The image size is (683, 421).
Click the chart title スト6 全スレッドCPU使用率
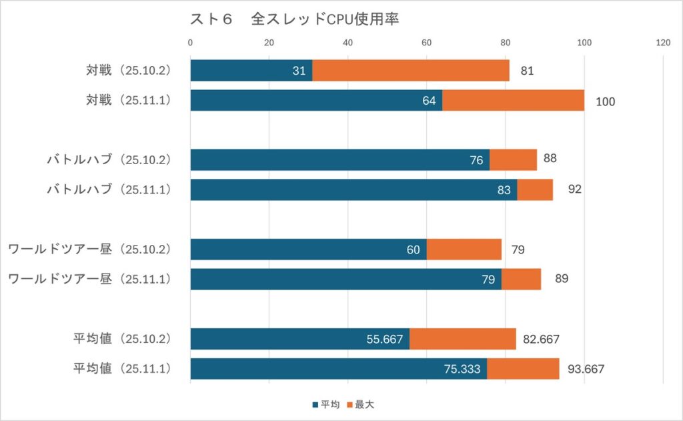coord(294,20)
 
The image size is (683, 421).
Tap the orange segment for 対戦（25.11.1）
coord(513,101)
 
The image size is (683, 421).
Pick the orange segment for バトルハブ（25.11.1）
coord(535,189)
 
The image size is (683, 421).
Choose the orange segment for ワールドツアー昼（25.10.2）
coord(464,250)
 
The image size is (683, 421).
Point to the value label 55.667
coord(385,339)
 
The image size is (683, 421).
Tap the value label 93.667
coord(586,369)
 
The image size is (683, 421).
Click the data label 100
coord(606,101)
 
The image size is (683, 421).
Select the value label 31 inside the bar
coord(299,71)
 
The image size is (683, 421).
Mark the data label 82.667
coord(541,339)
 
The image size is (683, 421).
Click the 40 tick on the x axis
coord(348,43)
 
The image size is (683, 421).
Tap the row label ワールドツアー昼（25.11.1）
coord(90,279)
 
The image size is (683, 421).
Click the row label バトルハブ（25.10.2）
coord(109,159)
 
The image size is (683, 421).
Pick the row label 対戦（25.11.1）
coord(129,101)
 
